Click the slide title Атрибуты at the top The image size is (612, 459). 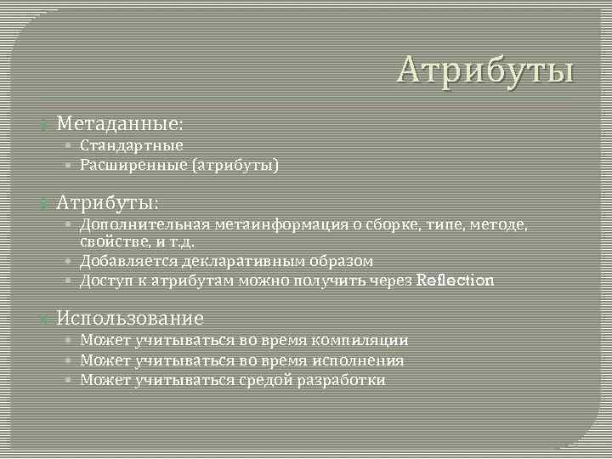tap(485, 71)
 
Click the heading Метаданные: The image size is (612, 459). tap(120, 123)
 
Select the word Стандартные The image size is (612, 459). tap(132, 145)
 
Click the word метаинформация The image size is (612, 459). tap(274, 224)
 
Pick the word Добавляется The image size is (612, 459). tap(125, 261)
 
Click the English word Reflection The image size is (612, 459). tap(456, 280)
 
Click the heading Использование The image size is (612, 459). tap(130, 319)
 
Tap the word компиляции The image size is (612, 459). tap(360, 340)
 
